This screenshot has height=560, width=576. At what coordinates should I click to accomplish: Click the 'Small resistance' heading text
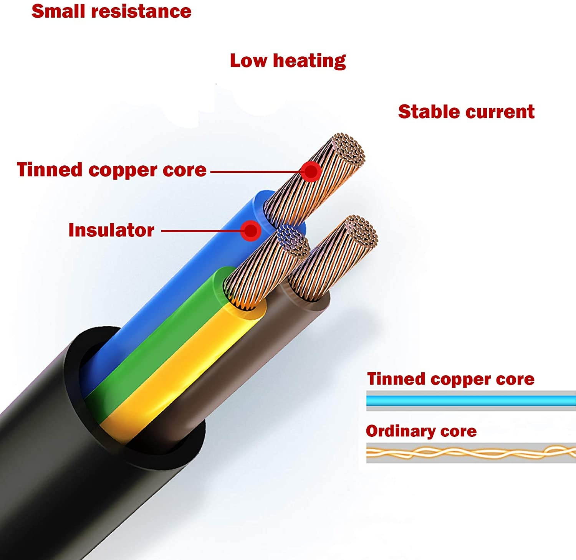(x=111, y=11)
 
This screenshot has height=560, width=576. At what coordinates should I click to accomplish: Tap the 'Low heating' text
(x=288, y=61)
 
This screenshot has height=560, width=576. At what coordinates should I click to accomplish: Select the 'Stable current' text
(x=466, y=112)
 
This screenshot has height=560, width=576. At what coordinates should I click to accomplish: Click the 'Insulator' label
(x=111, y=230)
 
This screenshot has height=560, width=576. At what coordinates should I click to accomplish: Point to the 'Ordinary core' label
(x=421, y=431)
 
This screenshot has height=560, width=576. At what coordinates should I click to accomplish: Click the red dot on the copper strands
(x=311, y=171)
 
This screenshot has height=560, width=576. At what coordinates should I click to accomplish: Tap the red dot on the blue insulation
(x=251, y=231)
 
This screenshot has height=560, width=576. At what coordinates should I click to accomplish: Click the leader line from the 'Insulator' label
(x=202, y=231)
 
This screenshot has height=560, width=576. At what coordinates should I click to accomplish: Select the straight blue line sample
(x=471, y=401)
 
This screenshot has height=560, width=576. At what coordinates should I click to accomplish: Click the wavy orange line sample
(x=471, y=453)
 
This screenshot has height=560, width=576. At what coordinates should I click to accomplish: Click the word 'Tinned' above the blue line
(x=396, y=379)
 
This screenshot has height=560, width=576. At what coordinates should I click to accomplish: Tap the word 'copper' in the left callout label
(x=123, y=170)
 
